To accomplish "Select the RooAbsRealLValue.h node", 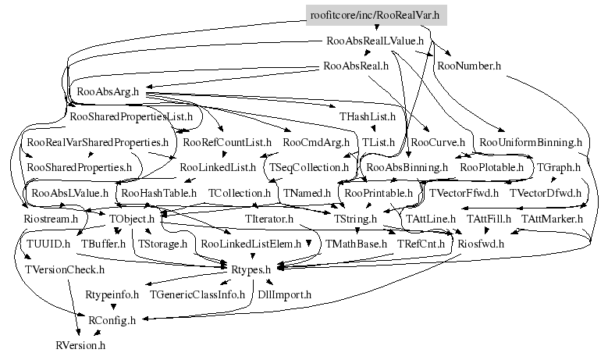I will coord(376,40).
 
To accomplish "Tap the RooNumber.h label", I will coord(468,66).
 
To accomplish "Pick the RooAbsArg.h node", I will coord(108,91).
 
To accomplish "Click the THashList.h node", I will coord(368,117).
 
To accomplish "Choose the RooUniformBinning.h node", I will coord(531,143).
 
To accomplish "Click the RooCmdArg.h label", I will coord(316,143).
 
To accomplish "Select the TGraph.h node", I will coord(559,167).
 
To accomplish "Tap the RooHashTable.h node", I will coord(155,192).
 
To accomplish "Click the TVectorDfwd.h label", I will coord(546,192).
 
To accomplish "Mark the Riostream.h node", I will coord(51,219).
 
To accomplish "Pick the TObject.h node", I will coord(133,219).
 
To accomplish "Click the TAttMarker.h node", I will coord(553,219).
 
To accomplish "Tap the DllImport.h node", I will coord(285,295).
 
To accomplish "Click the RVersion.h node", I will coord(80,344).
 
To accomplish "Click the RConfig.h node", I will coord(112,320).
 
